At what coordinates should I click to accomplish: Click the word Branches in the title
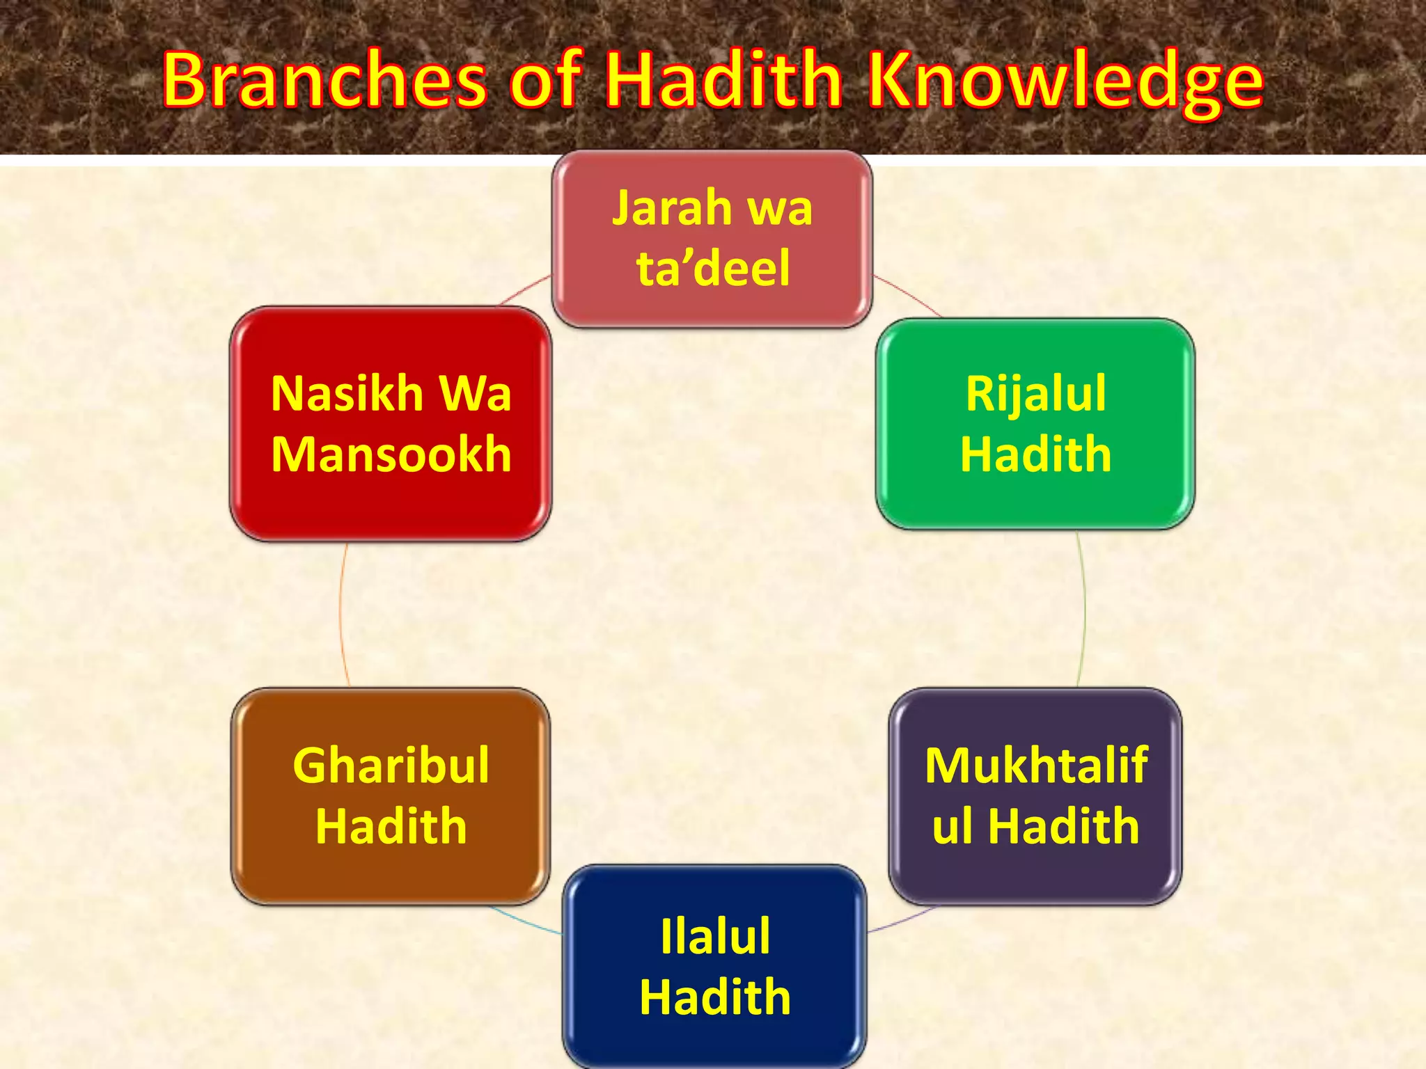tap(324, 80)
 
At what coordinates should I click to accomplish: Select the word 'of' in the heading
tap(545, 80)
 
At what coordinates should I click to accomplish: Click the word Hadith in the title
tap(724, 80)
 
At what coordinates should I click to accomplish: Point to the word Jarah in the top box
tap(672, 209)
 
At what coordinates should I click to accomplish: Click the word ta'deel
tap(713, 268)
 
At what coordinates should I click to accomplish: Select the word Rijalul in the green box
tap(1035, 395)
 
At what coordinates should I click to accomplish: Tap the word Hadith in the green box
tap(1035, 454)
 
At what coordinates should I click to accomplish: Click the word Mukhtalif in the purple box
tap(1036, 766)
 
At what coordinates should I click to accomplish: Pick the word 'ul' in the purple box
tap(953, 826)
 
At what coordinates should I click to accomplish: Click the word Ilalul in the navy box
tap(715, 936)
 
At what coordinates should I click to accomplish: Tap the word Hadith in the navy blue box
tap(715, 997)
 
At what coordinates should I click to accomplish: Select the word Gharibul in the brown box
tap(391, 766)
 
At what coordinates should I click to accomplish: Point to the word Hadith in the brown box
tap(391, 826)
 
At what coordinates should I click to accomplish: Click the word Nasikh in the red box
tap(347, 394)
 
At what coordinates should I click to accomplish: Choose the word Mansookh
tap(391, 454)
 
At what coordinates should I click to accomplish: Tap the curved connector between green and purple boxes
tap(1084, 609)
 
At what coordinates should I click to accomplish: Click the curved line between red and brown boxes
tap(340, 612)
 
